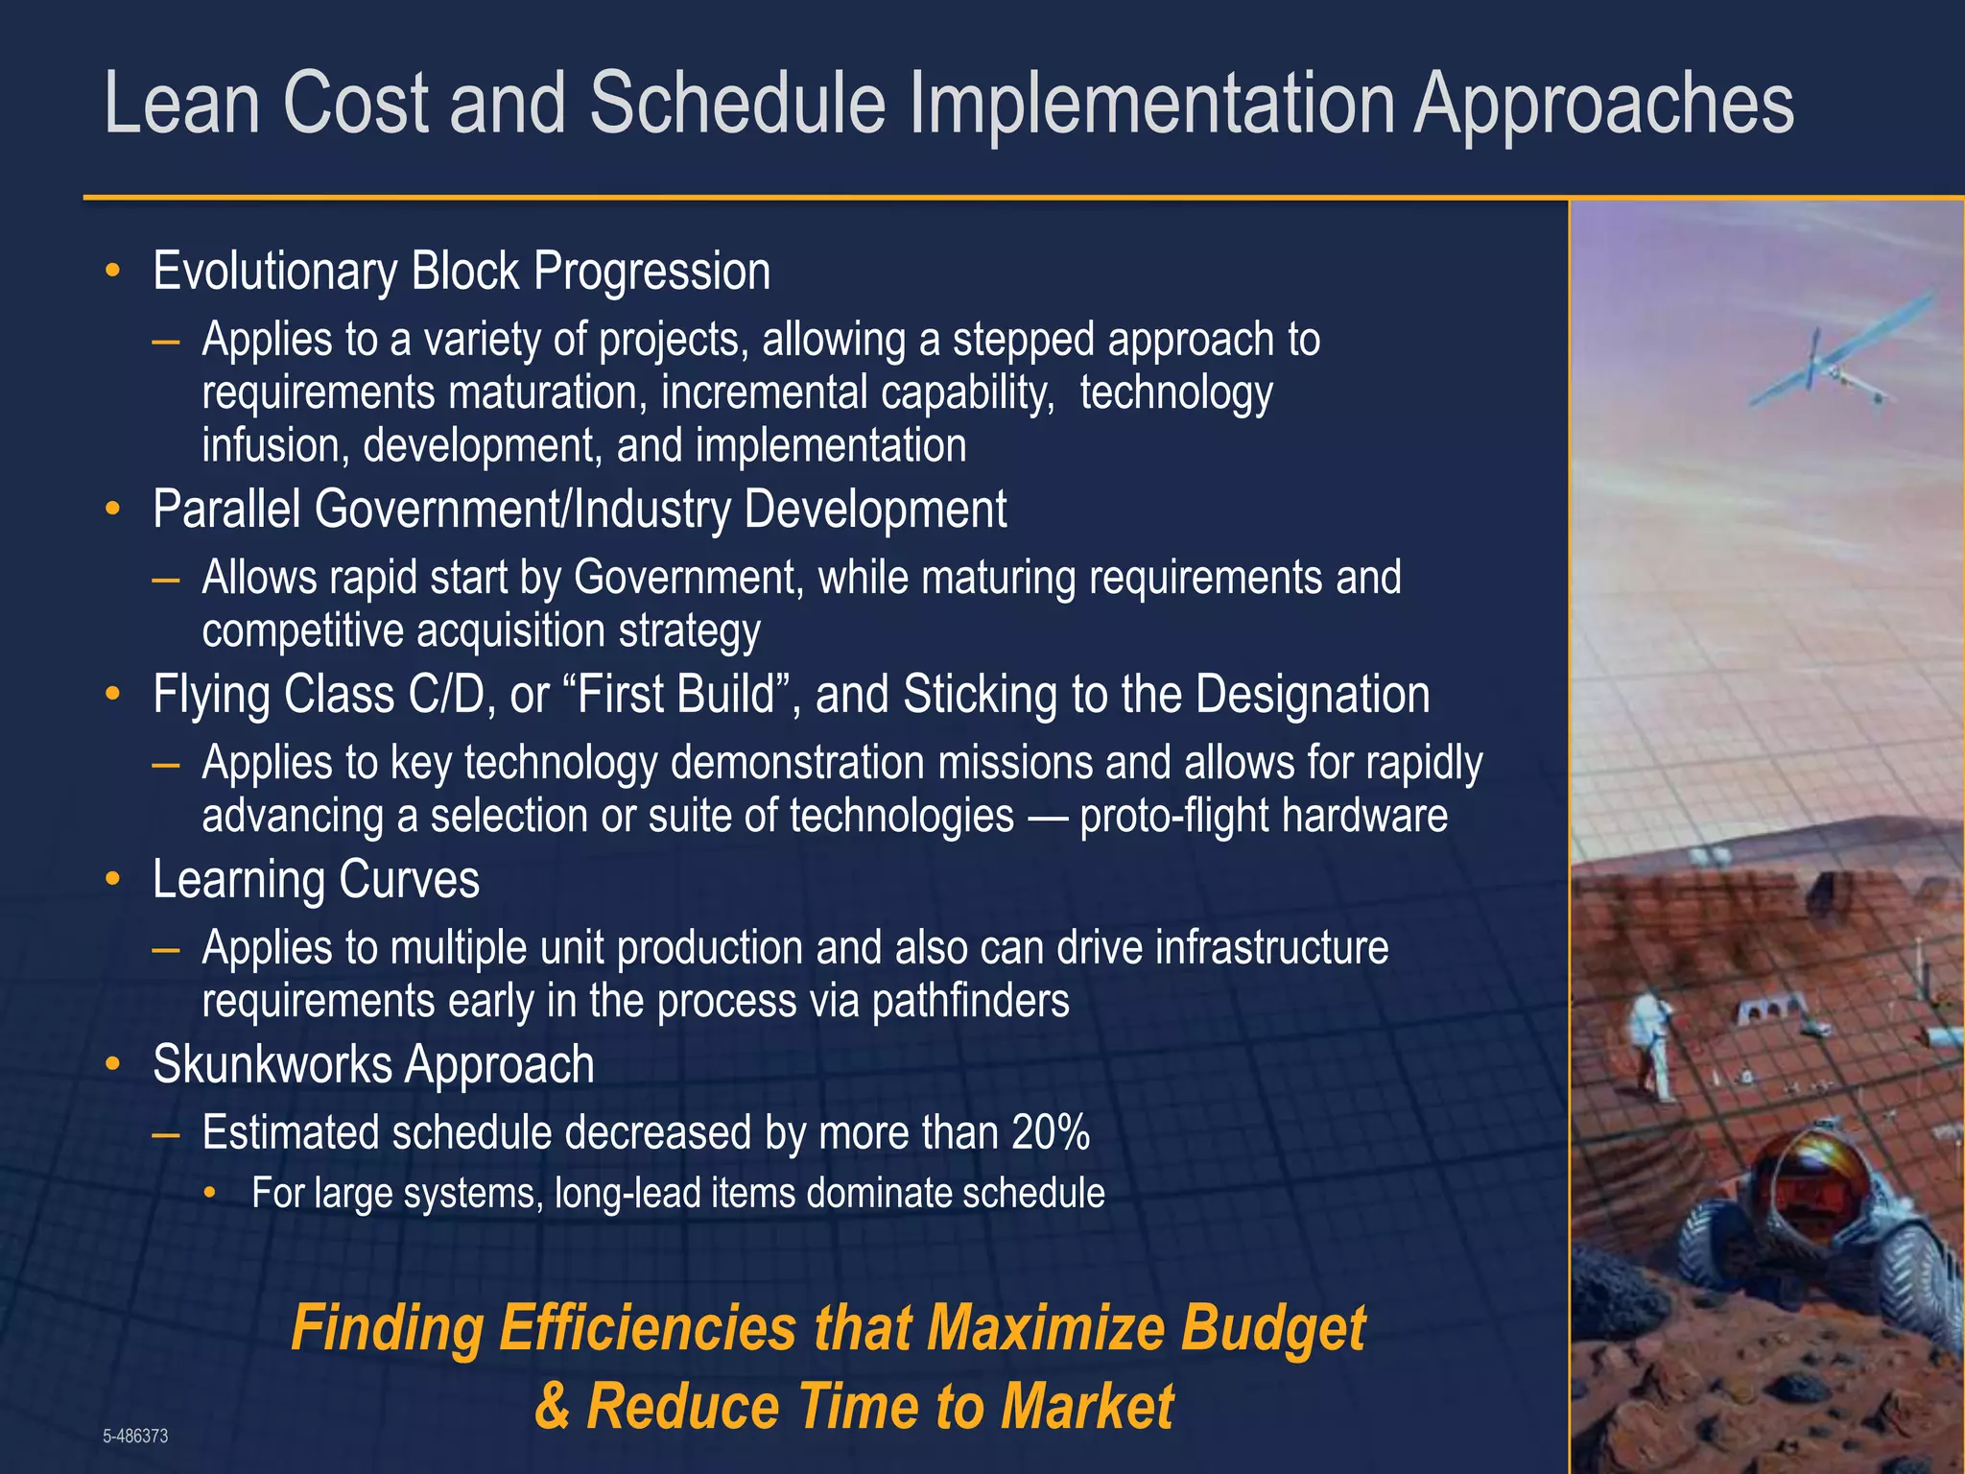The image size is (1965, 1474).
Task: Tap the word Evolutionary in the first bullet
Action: click(x=273, y=272)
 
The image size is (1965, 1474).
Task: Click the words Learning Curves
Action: click(x=316, y=880)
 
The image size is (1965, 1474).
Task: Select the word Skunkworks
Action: click(x=272, y=1064)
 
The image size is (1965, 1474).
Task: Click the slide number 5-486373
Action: click(x=135, y=1436)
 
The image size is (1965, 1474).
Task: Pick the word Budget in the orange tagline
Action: click(x=1272, y=1329)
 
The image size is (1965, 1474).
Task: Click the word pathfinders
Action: click(x=970, y=1001)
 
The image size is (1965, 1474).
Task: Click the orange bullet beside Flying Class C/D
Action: click(x=113, y=694)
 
